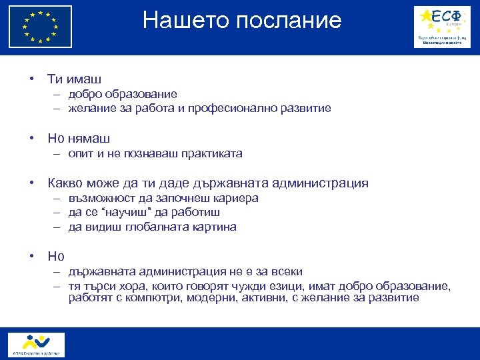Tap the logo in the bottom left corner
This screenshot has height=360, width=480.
pos(37,345)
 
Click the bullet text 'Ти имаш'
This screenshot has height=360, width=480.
pos(74,79)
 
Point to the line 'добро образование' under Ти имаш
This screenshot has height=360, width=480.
pos(122,95)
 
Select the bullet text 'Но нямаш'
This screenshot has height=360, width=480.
pos(79,139)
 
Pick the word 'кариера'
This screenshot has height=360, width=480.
pos(237,199)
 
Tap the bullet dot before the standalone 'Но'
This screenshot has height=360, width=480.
pos(31,256)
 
